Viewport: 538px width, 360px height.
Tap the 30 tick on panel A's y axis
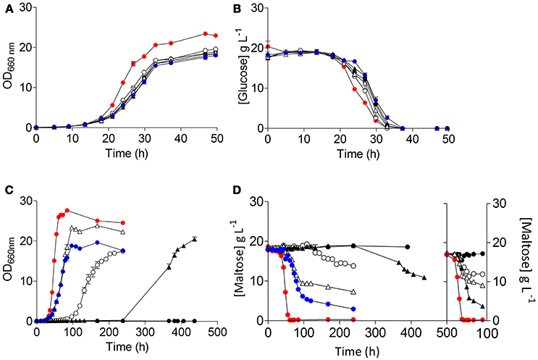click(25, 9)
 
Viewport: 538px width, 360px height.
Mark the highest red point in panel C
click(67, 211)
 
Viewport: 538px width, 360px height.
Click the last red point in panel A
click(216, 36)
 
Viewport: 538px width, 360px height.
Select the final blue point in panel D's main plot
click(353, 309)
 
